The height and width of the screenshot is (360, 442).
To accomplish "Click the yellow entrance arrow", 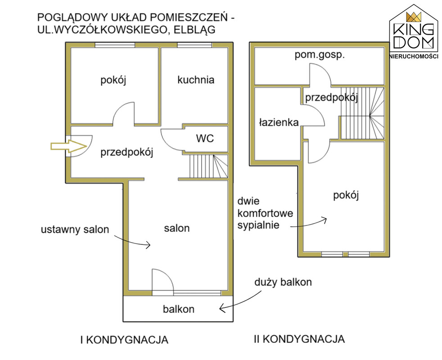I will [68, 145].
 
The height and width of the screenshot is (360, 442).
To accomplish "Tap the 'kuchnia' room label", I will [195, 80].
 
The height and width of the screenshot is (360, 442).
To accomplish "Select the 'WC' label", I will [204, 138].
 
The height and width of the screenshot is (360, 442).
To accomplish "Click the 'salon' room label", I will [176, 228].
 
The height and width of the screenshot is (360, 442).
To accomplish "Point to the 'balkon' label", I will [178, 309].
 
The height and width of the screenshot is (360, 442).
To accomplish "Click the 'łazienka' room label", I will [279, 122].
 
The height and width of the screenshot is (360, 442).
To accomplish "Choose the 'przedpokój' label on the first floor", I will [127, 152].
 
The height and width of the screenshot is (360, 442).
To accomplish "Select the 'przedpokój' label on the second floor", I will [331, 98].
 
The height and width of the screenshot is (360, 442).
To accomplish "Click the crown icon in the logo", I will [413, 17].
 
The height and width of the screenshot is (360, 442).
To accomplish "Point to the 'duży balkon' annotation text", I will [283, 283].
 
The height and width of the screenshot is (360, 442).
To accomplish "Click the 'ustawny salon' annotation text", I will [75, 229].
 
